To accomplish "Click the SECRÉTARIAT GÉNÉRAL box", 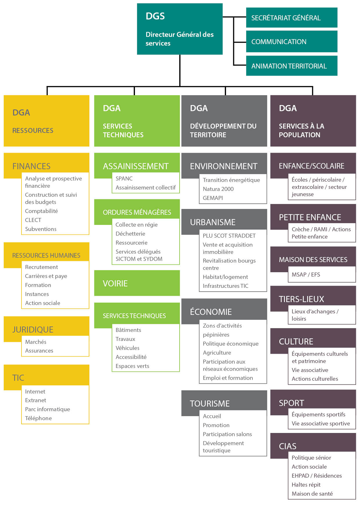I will click(291, 18).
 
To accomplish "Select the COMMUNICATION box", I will click(291, 41).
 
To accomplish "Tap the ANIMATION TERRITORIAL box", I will click(291, 66).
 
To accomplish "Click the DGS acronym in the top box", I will click(155, 16).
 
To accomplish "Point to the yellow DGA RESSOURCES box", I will click(46, 121).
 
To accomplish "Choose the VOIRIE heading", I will click(115, 284).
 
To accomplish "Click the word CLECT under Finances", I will click(33, 220).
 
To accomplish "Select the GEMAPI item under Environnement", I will click(213, 198).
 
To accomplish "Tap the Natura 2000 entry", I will click(218, 189).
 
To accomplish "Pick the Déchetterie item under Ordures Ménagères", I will click(130, 234).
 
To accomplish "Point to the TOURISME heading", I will click(210, 404).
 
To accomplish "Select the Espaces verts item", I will click(132, 366).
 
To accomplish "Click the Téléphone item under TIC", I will click(38, 418).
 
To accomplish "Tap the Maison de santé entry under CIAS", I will click(312, 494).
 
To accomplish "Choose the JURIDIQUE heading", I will click(33, 330).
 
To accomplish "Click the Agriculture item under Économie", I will click(217, 353).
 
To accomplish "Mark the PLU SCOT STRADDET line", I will click(229, 236).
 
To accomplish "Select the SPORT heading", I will click(292, 403).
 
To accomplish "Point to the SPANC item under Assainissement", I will click(124, 178).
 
